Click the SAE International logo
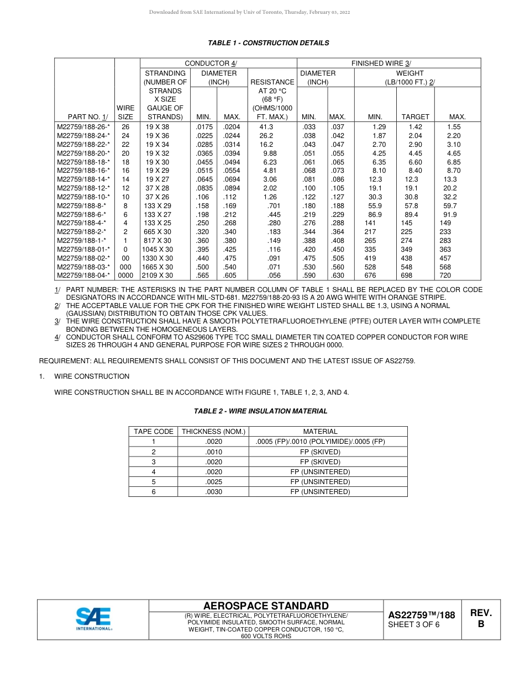[94, 619]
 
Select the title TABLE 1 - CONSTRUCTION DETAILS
[268, 43]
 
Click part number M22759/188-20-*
[83, 153]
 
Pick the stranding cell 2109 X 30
[158, 275]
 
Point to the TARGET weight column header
[415, 117]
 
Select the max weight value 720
[445, 275]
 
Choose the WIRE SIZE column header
[125, 113]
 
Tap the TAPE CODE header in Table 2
[154, 432]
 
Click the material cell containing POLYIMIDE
[320, 442]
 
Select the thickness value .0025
[213, 482]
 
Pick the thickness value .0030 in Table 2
[213, 492]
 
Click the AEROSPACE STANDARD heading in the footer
[266, 606]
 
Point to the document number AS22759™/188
[421, 615]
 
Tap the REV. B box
[480, 619]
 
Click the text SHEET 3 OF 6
[413, 625]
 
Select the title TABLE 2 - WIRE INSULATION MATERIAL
[260, 411]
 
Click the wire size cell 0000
[125, 275]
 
